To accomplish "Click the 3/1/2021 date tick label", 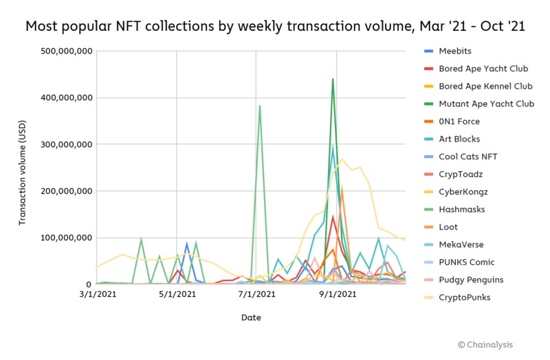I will pos(97,295).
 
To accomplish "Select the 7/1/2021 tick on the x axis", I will pos(256,295).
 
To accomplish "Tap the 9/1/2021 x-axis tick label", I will pos(335,295).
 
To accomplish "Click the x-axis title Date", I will pos(251,317).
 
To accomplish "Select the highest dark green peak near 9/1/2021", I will pos(333,79).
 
